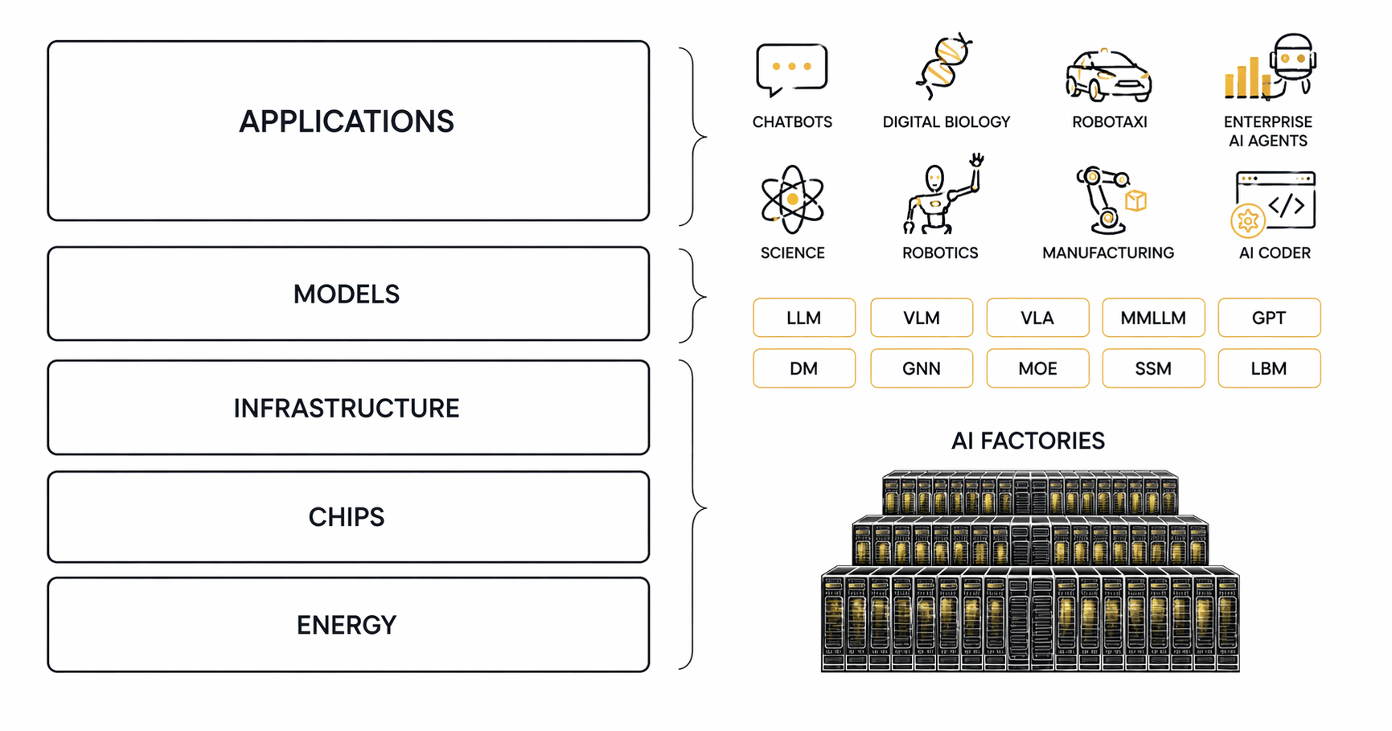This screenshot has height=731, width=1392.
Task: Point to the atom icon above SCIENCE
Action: click(x=792, y=199)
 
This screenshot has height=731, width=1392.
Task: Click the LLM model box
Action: click(x=804, y=318)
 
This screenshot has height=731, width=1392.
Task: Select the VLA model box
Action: click(x=1037, y=318)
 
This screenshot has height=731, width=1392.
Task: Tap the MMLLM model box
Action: click(x=1153, y=318)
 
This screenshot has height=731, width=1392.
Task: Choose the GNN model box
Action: click(x=922, y=368)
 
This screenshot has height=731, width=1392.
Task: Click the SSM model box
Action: click(x=1153, y=368)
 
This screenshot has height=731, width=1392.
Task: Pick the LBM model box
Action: click(x=1269, y=368)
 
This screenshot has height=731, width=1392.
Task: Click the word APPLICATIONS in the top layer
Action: click(x=347, y=121)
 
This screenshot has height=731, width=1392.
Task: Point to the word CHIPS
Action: click(x=347, y=517)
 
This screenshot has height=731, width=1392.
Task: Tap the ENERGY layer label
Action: click(x=347, y=625)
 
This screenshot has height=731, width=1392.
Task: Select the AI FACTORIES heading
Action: click(x=1028, y=441)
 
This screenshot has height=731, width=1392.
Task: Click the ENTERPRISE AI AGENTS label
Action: click(x=1268, y=131)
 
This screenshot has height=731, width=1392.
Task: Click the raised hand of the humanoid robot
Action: click(x=976, y=159)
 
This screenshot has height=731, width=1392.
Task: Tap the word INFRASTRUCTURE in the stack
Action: click(x=347, y=409)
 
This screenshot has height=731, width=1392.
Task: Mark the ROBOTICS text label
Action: click(x=940, y=253)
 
